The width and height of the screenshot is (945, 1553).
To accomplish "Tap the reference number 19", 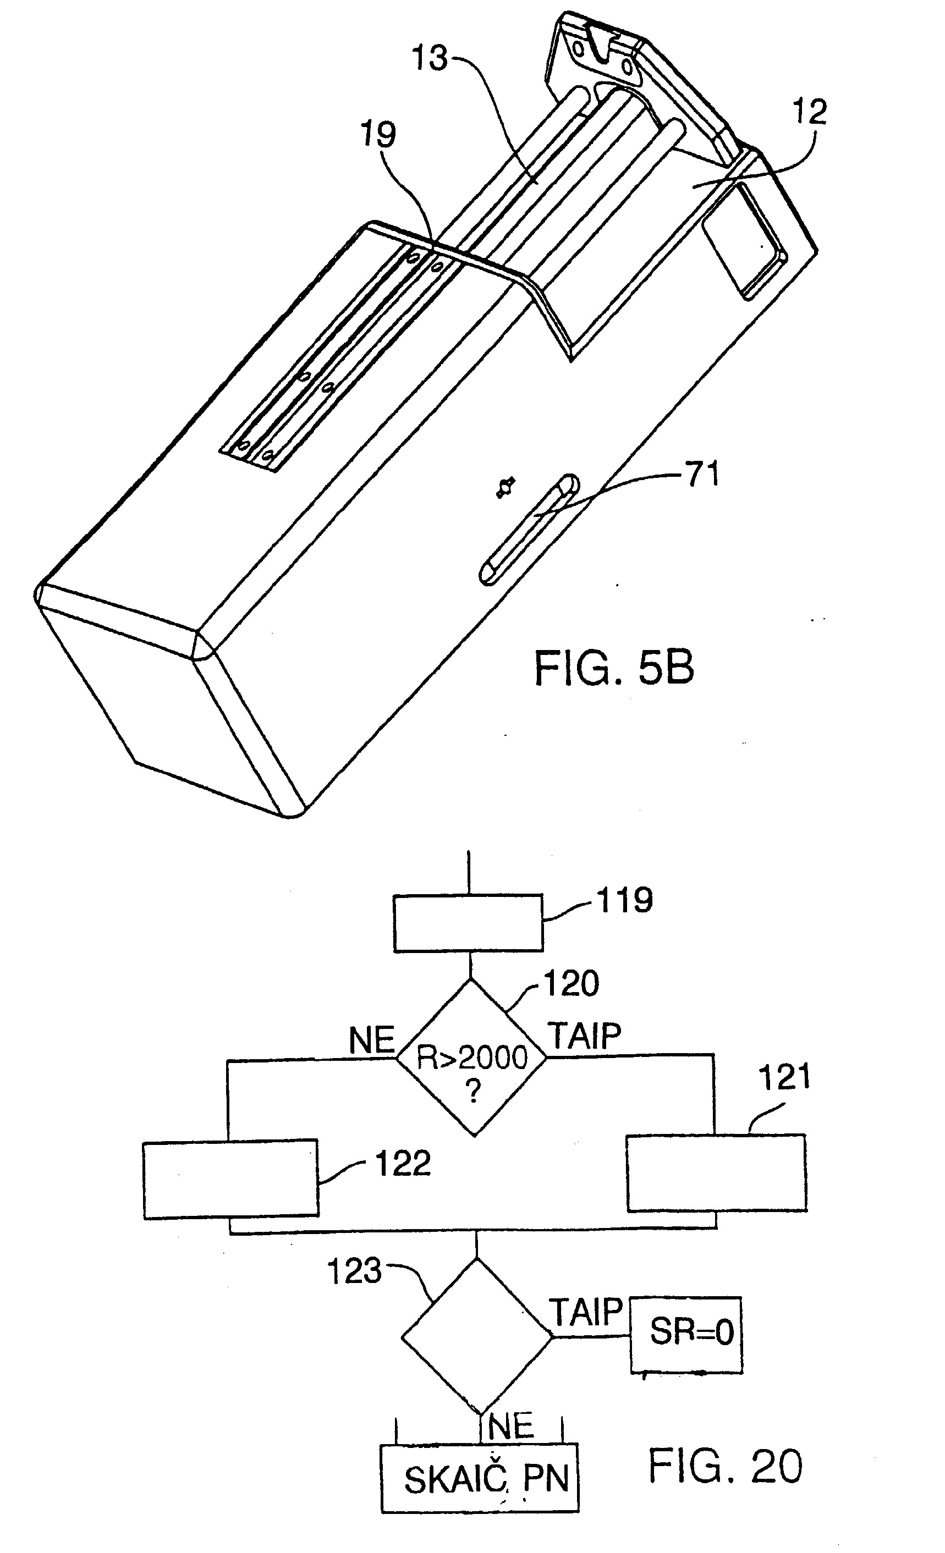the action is [x=378, y=134].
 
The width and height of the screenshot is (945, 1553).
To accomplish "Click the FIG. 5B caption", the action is [x=614, y=668].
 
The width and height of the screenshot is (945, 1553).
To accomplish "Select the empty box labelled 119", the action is [x=469, y=923].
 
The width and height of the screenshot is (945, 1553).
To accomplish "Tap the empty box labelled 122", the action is [x=230, y=1179].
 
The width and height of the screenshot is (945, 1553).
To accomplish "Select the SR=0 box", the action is [x=686, y=1335].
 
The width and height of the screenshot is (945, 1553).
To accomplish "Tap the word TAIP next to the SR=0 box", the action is [x=586, y=1312].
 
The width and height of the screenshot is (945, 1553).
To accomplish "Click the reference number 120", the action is [x=571, y=983].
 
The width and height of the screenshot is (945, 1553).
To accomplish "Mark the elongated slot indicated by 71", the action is [x=530, y=530].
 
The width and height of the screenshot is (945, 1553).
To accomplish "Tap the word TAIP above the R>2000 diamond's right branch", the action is [x=584, y=1036].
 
